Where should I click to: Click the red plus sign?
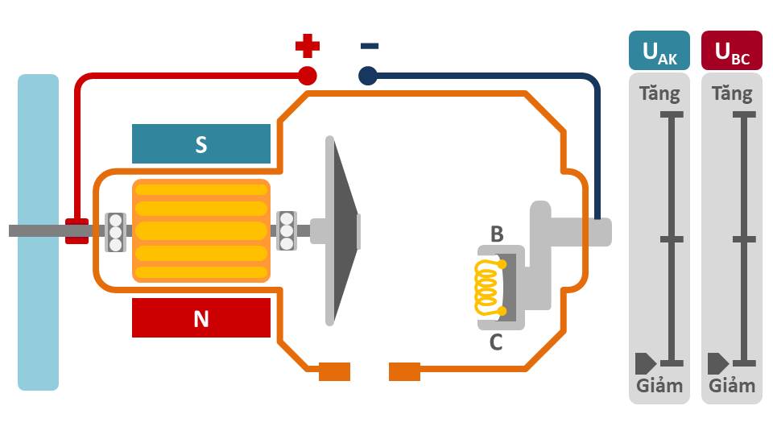307,47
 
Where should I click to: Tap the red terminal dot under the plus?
307,76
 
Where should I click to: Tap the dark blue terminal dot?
368,76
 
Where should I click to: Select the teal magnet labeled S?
201,144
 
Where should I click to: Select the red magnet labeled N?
201,318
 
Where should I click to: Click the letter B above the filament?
497,234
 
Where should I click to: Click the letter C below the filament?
496,342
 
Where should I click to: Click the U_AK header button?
659,51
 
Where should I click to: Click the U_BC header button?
732,51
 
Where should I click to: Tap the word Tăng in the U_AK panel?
659,93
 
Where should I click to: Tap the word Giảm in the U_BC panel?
732,385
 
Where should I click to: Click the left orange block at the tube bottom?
335,371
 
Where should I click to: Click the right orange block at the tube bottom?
404,371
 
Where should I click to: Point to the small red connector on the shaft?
76,230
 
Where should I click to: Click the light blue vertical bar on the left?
38,232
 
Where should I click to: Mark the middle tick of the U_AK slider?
672,239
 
